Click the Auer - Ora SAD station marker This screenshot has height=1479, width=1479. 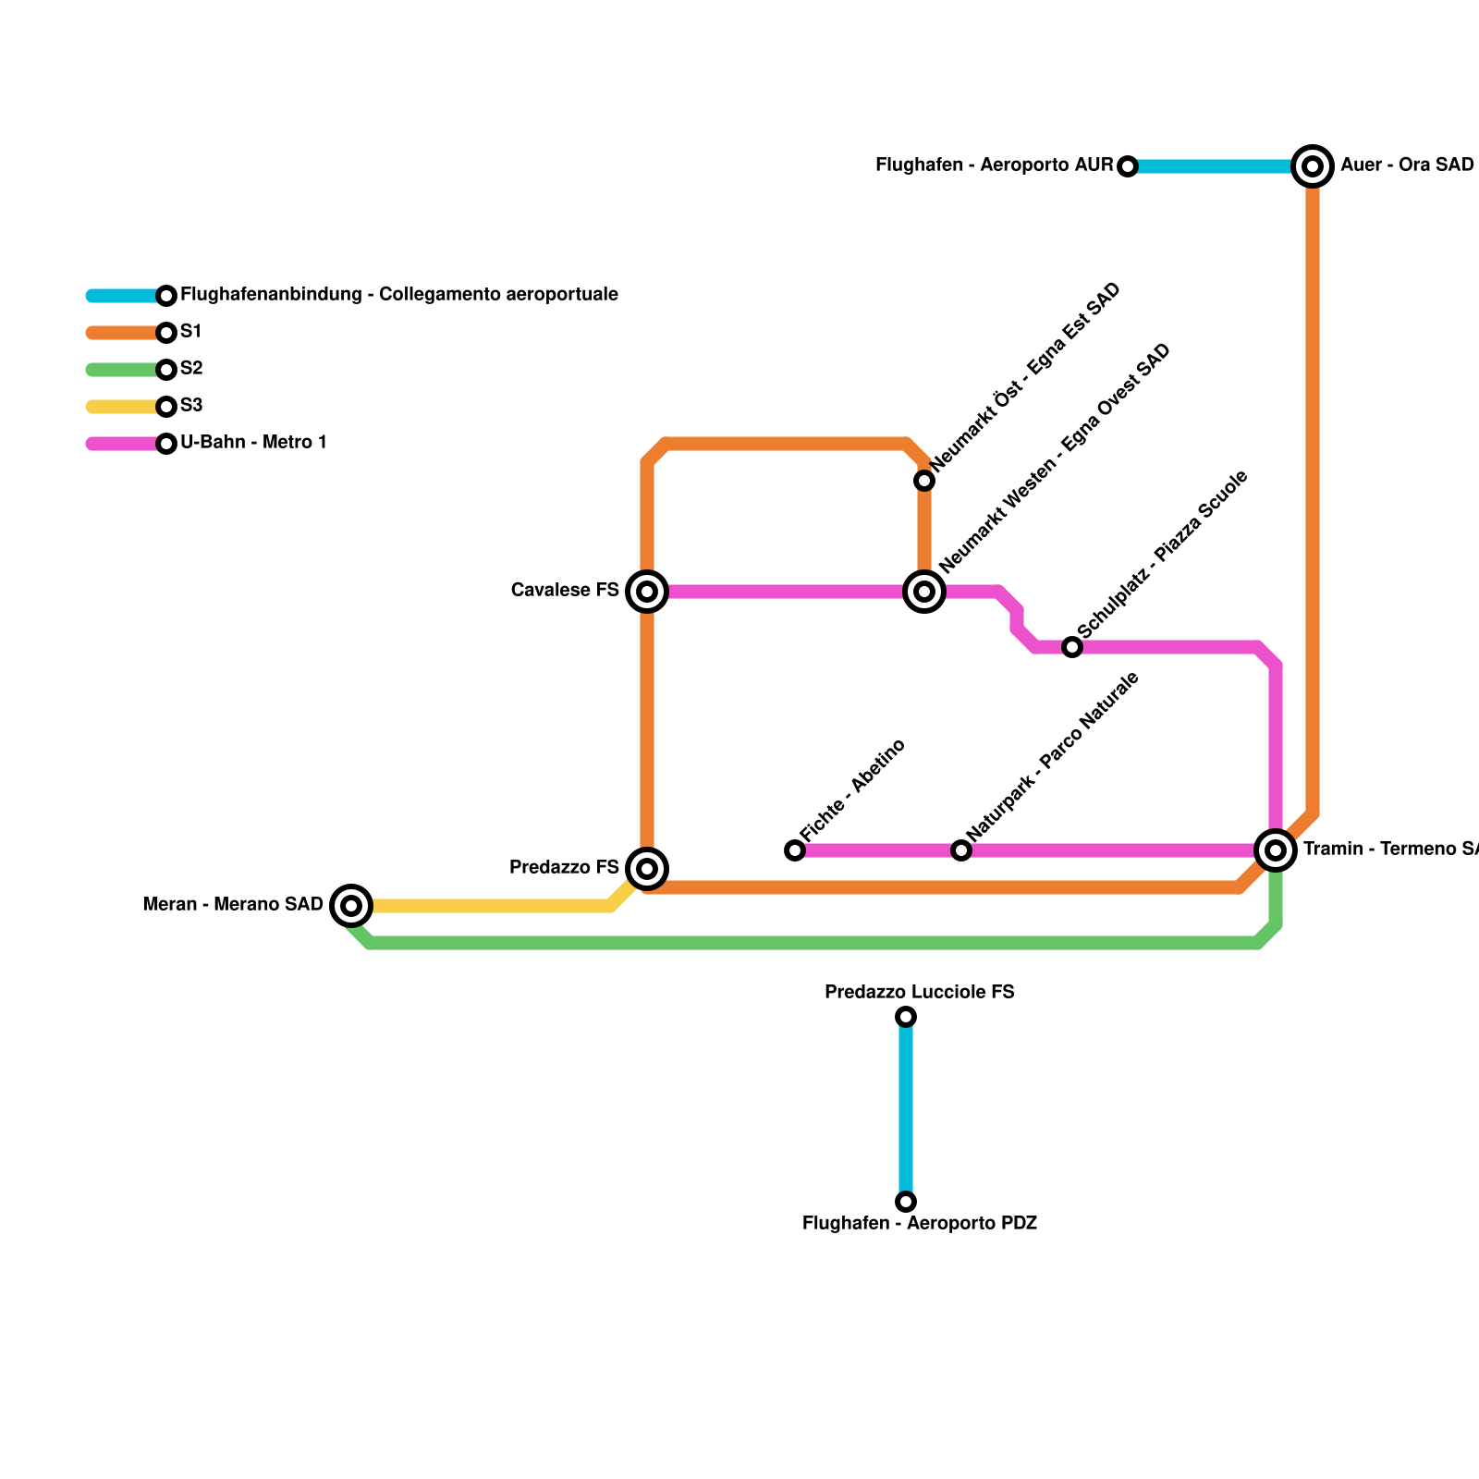pos(1313,166)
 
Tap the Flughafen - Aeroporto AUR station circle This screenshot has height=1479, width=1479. pos(1128,166)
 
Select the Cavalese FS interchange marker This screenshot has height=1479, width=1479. pos(647,592)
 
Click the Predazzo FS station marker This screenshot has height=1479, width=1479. pos(647,869)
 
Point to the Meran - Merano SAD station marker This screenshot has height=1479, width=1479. pos(351,906)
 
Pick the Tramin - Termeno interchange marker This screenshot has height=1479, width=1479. pos(1276,850)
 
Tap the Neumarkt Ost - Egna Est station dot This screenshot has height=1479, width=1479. pos(924,481)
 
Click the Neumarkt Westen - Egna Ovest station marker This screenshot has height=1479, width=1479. pos(924,592)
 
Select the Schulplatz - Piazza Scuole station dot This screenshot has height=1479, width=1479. pos(1072,647)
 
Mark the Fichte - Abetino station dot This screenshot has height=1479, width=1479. pos(795,850)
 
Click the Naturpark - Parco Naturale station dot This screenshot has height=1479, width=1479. pos(961,850)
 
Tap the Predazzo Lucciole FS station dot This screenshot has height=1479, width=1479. pos(906,1017)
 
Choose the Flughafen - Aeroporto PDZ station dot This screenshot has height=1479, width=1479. pos(906,1202)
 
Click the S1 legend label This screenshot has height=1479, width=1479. pos(191,332)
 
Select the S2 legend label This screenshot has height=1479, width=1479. pos(191,369)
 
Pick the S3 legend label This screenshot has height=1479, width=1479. pos(191,406)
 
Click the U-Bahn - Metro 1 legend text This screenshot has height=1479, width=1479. pos(254,443)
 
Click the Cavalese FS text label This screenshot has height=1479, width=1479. pos(565,591)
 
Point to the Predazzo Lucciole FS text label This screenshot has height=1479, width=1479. pos(920,993)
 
